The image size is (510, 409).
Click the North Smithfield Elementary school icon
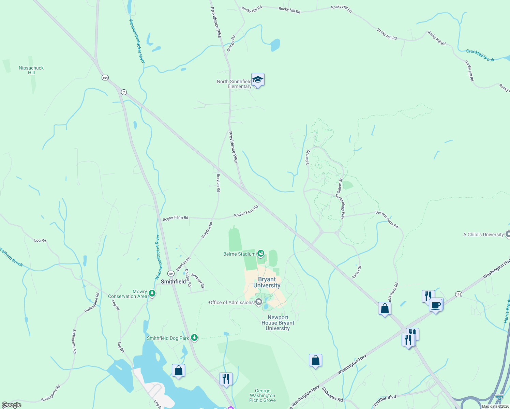(x=258, y=80)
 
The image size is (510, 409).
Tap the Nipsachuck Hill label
(x=31, y=70)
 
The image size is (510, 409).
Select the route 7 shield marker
(x=124, y=92)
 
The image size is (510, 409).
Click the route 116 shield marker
(x=459, y=294)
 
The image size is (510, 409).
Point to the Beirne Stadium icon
(x=261, y=253)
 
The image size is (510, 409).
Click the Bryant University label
(x=267, y=282)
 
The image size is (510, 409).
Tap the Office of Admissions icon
(x=259, y=302)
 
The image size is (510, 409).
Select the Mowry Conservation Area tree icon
(x=152, y=293)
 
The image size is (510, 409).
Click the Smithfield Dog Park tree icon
(x=194, y=337)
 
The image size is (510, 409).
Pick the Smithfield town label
(x=173, y=282)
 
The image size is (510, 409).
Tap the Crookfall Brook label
(x=480, y=55)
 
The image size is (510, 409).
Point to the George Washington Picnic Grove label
(x=262, y=396)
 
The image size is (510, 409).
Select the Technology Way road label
(x=340, y=206)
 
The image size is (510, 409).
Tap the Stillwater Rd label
(x=332, y=394)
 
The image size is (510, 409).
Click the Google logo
(x=12, y=405)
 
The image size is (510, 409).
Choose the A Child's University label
(x=483, y=234)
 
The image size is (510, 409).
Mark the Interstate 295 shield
(x=499, y=397)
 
